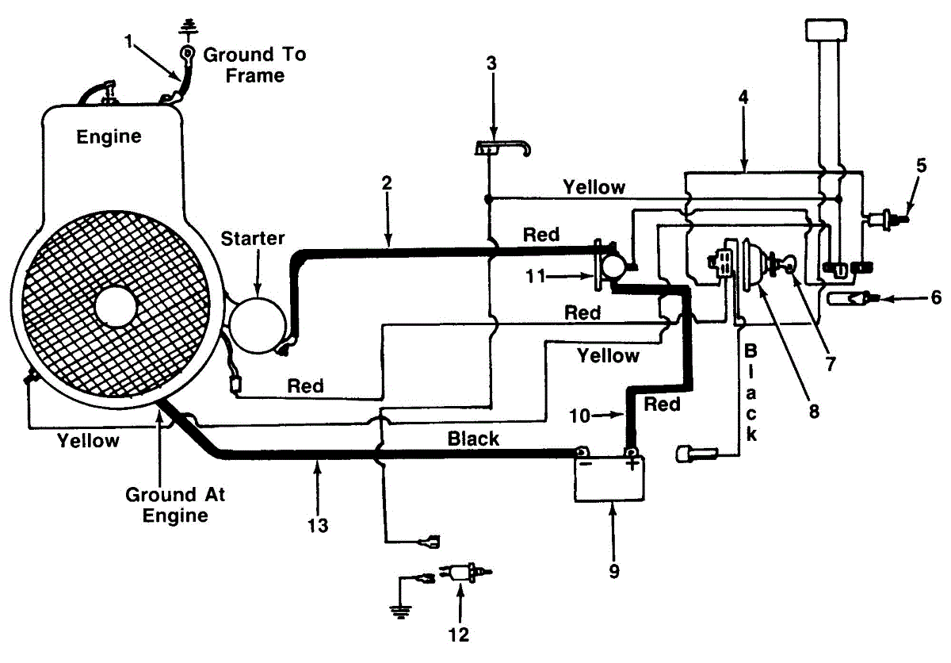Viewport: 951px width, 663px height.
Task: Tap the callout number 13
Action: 317,524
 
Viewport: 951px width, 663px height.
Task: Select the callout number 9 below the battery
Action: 613,569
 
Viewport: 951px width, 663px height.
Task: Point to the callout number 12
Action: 459,634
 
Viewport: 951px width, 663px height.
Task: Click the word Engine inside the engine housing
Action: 109,136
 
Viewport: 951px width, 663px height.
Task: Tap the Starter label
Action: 252,239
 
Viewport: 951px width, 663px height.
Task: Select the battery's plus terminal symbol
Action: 631,463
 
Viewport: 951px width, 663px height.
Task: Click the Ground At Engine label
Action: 175,504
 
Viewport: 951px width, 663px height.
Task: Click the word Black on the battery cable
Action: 473,439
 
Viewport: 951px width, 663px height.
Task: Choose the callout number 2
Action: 388,182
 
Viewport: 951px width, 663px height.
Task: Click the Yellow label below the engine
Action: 89,441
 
